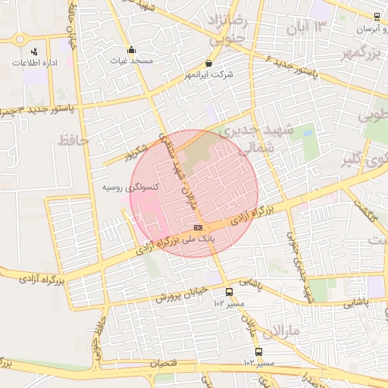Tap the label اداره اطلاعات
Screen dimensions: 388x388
click(x=35, y=63)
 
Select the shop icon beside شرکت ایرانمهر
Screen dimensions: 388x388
click(x=209, y=64)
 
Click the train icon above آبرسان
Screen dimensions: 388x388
click(x=377, y=17)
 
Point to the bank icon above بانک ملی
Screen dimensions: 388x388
click(x=198, y=227)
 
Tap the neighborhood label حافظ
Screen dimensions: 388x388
click(x=73, y=140)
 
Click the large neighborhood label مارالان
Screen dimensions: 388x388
click(x=280, y=332)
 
